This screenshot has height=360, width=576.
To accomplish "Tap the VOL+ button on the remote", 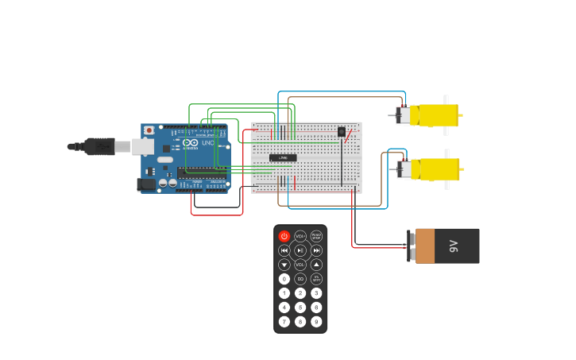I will (x=300, y=236).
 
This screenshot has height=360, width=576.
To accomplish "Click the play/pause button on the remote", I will (x=300, y=250).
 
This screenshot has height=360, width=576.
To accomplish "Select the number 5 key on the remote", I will (x=300, y=308).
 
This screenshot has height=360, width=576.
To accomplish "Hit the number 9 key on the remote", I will (x=316, y=322).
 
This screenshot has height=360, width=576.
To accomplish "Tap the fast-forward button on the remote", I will (x=316, y=250).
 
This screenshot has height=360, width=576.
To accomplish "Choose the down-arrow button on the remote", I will (x=284, y=265).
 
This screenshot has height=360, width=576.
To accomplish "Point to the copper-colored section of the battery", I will (x=425, y=246).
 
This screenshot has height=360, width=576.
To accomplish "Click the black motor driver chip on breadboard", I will (x=283, y=157).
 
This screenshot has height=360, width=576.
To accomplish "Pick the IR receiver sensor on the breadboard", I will (x=342, y=132).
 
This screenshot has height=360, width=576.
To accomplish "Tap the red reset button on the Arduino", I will (x=149, y=130).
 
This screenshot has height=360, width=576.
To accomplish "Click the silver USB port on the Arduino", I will (x=143, y=146).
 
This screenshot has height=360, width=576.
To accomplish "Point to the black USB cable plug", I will (x=100, y=146).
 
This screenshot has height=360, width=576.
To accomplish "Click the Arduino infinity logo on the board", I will (x=190, y=143).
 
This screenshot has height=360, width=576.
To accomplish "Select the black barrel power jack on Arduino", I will (x=146, y=184).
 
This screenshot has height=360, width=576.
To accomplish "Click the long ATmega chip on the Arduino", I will (x=202, y=171).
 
